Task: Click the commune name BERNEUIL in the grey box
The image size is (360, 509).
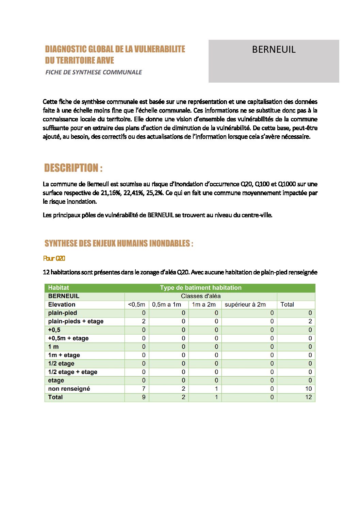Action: [x=274, y=50]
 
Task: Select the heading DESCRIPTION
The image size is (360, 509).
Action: [x=73, y=168]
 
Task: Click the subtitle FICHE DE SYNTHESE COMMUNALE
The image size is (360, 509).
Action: [x=94, y=72]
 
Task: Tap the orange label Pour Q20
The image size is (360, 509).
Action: [x=54, y=258]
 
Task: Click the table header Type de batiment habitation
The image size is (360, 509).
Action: [x=201, y=288]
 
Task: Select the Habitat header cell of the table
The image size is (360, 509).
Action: [x=59, y=288]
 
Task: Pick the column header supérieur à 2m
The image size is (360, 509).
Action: [x=245, y=305]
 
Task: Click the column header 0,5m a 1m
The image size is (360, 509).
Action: [x=166, y=305]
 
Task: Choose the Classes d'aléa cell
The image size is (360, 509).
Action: [x=201, y=296]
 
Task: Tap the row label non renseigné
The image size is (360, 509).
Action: [x=69, y=389]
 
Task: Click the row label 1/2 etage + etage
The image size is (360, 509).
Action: [x=72, y=372]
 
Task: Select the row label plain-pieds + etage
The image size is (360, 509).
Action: [x=76, y=321]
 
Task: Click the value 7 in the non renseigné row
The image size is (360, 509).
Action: [x=144, y=389]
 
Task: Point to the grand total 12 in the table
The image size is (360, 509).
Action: [x=308, y=397]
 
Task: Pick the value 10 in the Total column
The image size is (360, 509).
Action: [x=308, y=389]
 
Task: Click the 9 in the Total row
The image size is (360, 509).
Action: [x=144, y=397]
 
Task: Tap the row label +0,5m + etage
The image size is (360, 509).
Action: [x=68, y=338]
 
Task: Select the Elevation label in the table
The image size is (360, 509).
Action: [x=62, y=305]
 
